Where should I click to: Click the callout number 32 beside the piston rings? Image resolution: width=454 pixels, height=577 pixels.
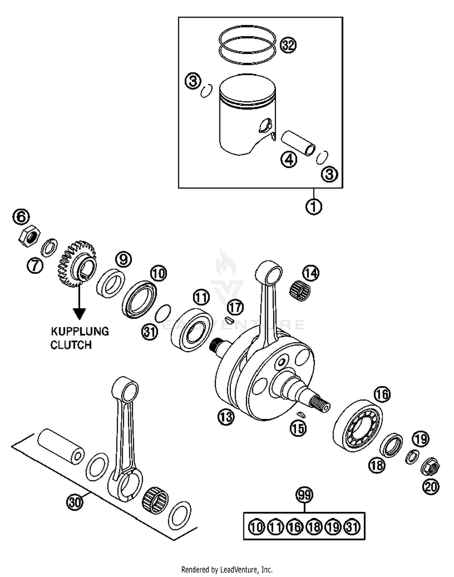pos(288,45)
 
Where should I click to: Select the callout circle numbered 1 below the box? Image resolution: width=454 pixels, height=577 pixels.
pos(314,207)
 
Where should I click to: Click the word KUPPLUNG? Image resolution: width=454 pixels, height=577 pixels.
pos(80,331)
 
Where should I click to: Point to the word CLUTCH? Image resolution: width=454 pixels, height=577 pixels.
pos(71,345)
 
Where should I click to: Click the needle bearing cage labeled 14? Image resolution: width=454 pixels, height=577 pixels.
pos(300,291)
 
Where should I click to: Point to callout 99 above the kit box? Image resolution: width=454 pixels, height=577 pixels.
pos(304,495)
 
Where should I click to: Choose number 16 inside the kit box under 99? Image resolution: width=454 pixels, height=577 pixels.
pos(294,527)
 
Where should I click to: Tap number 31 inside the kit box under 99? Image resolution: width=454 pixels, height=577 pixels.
pos(352,527)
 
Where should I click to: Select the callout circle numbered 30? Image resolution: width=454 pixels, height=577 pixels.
pos(74,502)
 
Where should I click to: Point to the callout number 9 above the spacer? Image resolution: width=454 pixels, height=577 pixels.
pos(123,259)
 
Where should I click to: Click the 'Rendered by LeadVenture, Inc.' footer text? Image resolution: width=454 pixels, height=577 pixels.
pos(227,570)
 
